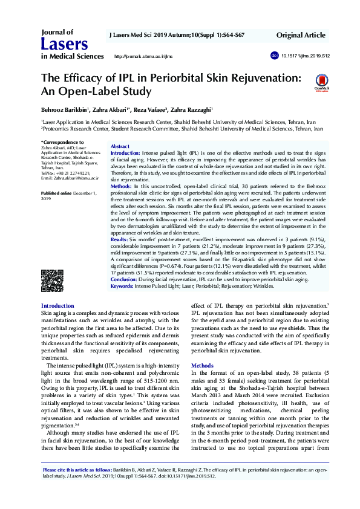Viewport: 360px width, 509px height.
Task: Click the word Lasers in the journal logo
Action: coord(64,44)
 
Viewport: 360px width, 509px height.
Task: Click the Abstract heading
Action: coord(120,146)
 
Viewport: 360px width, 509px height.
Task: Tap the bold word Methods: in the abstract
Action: coord(123,187)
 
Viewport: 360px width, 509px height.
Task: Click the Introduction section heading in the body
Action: coord(57,306)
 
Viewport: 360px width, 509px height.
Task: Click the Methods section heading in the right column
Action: coord(202,366)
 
